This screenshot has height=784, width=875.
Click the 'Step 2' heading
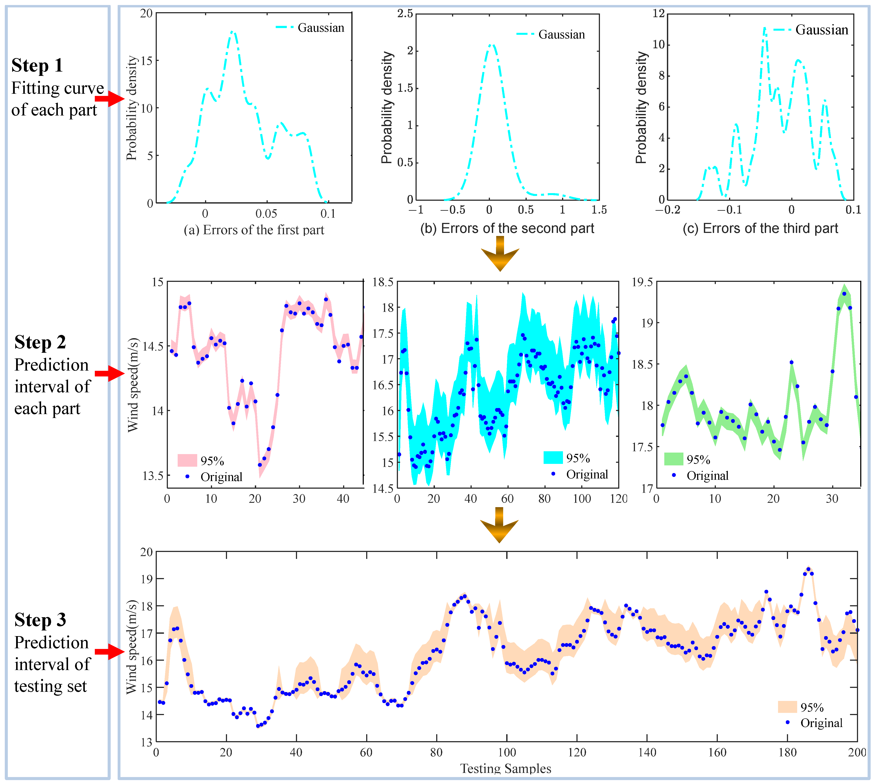[x=40, y=343]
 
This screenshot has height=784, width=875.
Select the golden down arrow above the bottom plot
[x=499, y=526]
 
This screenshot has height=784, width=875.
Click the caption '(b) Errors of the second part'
[x=507, y=228]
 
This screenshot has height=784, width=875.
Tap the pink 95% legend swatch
[x=187, y=460]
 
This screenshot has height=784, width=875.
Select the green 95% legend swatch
[x=673, y=459]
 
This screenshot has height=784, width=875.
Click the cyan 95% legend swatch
[x=553, y=458]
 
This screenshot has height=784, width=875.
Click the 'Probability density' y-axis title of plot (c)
[x=641, y=108]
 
